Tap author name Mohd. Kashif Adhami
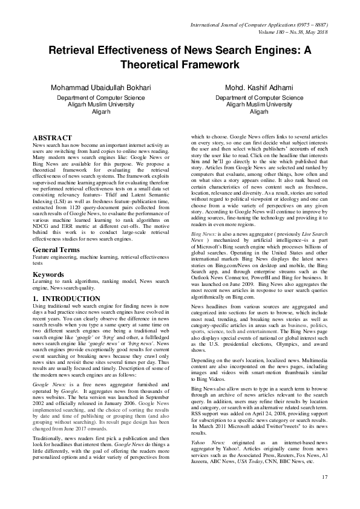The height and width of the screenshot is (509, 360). [259, 88]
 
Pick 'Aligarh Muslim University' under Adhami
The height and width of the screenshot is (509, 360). [259, 104]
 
